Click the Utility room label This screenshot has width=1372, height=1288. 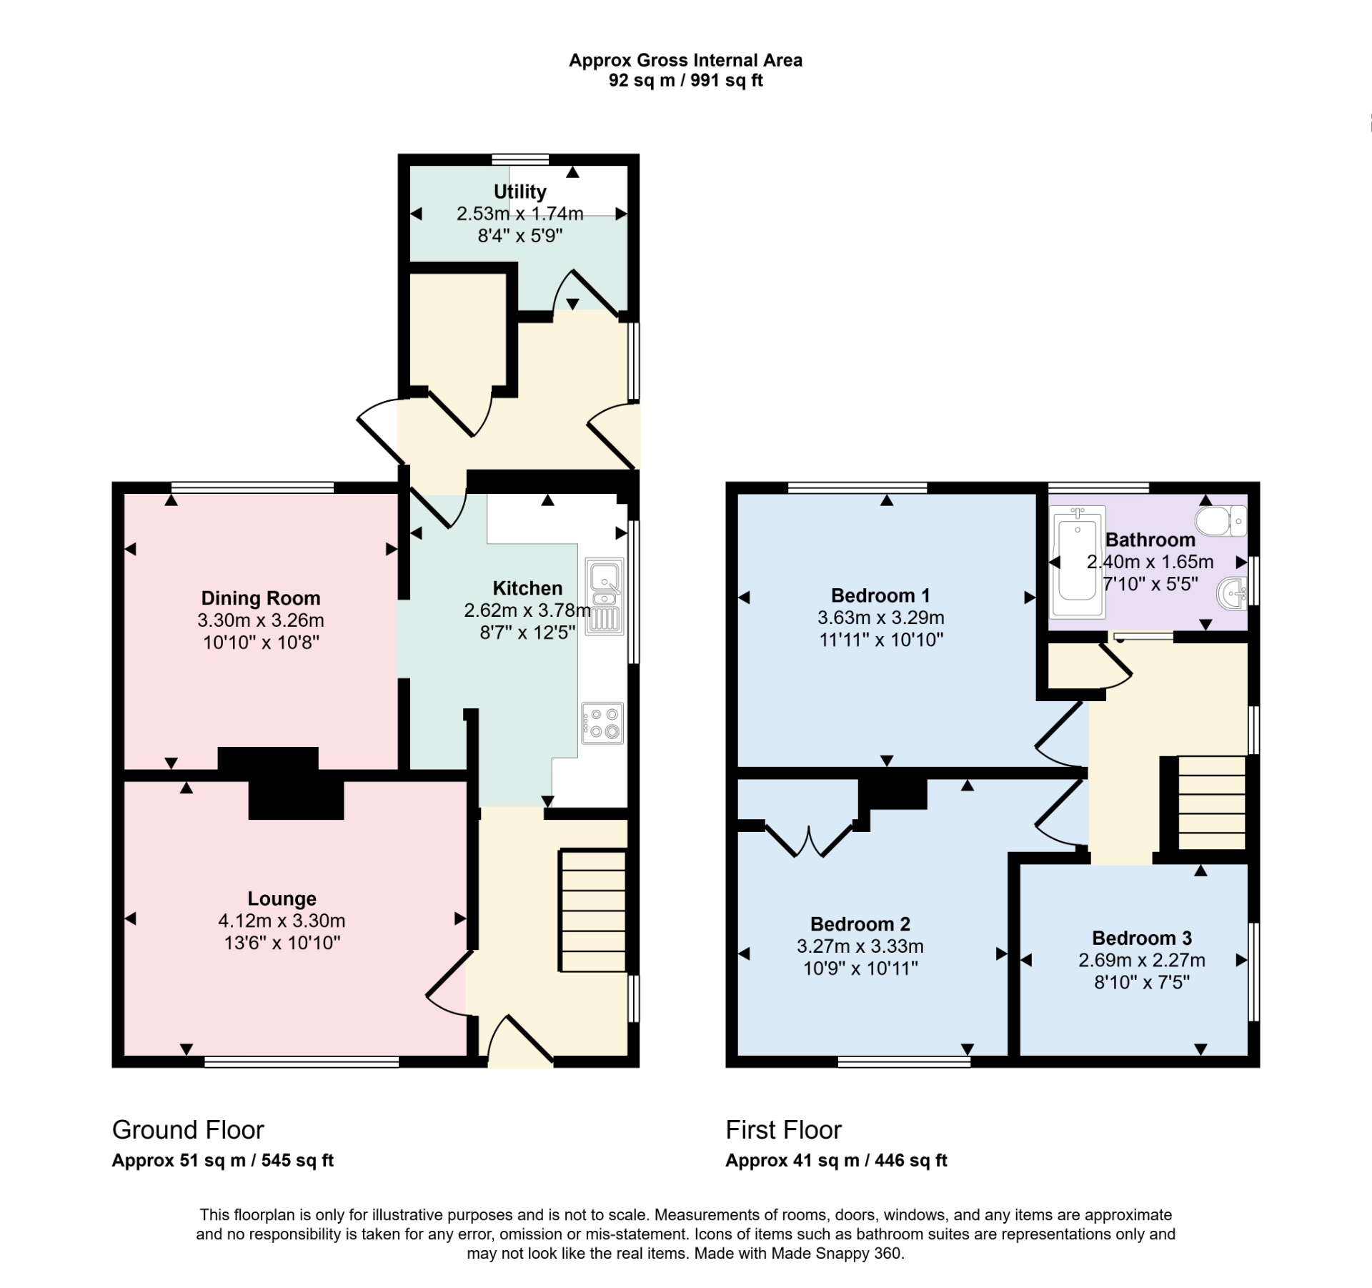pos(520,192)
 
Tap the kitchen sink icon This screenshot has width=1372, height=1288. pos(605,596)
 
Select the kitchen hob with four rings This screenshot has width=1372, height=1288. pos(602,723)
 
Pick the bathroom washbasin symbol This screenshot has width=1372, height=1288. pos(1233,593)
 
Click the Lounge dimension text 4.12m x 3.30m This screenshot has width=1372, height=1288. pos(282,921)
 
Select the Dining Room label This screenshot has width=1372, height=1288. pos(261,598)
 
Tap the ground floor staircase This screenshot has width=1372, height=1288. pos(593,910)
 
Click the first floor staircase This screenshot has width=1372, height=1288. pos(1211,803)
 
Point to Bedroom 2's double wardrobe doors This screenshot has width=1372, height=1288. pos(810,841)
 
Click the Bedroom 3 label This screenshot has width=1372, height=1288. pos(1142,938)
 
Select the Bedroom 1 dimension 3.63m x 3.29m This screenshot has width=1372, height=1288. pos(881,618)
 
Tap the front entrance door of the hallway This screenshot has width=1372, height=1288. pos(522,1043)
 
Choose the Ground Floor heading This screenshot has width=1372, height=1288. pos(188,1129)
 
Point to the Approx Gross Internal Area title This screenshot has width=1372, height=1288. pos(685,61)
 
